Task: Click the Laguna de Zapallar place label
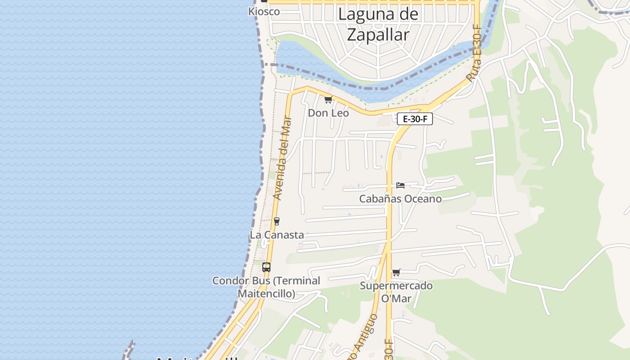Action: pyautogui.click(x=378, y=24)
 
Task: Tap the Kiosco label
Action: pyautogui.click(x=264, y=12)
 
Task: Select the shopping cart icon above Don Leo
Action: pyautogui.click(x=328, y=99)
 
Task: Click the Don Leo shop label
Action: pyautogui.click(x=328, y=113)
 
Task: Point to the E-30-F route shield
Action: pyautogui.click(x=414, y=119)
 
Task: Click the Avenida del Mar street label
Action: pyautogui.click(x=283, y=158)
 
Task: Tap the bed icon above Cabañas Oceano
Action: pyautogui.click(x=400, y=185)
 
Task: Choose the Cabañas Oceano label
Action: pyautogui.click(x=400, y=199)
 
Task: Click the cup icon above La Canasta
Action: pyautogui.click(x=277, y=221)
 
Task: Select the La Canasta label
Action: pyautogui.click(x=277, y=235)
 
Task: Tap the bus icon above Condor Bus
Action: pyautogui.click(x=266, y=267)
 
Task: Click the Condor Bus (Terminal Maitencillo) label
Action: pyautogui.click(x=266, y=287)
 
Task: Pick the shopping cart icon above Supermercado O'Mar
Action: pyautogui.click(x=396, y=272)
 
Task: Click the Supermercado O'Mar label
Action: pyautogui.click(x=396, y=292)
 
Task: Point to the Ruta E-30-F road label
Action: pyautogui.click(x=474, y=54)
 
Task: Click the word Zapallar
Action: pyautogui.click(x=378, y=35)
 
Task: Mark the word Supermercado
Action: pyautogui.click(x=396, y=286)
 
